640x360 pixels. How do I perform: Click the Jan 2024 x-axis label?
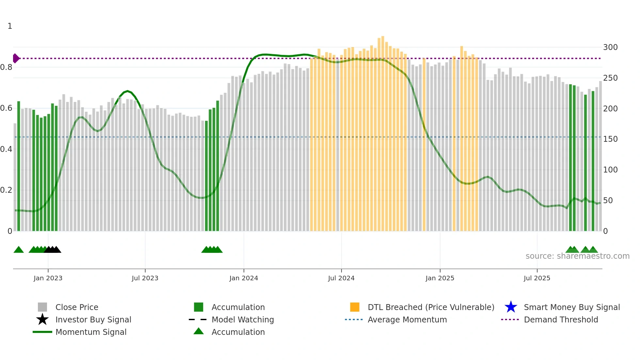click(x=244, y=278)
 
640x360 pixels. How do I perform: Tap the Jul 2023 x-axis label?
click(x=145, y=278)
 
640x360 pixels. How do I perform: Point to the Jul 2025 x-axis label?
click(x=537, y=278)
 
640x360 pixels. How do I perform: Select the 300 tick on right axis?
click(x=610, y=47)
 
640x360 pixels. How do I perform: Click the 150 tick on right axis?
click(x=610, y=139)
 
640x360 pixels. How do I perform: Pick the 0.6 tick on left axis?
click(x=6, y=108)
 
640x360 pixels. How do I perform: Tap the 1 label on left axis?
click(x=10, y=26)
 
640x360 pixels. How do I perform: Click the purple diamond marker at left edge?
click(x=16, y=58)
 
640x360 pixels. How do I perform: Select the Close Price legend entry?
click(x=76, y=307)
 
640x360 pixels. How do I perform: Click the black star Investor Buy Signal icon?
click(x=42, y=319)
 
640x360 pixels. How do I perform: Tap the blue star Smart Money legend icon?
click(x=511, y=307)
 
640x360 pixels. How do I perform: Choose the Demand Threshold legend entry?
click(x=561, y=319)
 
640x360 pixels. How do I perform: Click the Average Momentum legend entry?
click(x=407, y=319)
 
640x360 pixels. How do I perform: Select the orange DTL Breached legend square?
click(x=355, y=307)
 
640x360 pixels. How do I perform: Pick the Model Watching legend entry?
click(x=242, y=319)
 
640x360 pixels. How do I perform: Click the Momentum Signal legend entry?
click(x=91, y=332)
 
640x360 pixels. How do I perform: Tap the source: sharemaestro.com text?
click(x=577, y=256)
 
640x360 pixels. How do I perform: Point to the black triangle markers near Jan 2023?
click(x=53, y=250)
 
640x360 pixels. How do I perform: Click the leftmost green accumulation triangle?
click(x=19, y=250)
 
